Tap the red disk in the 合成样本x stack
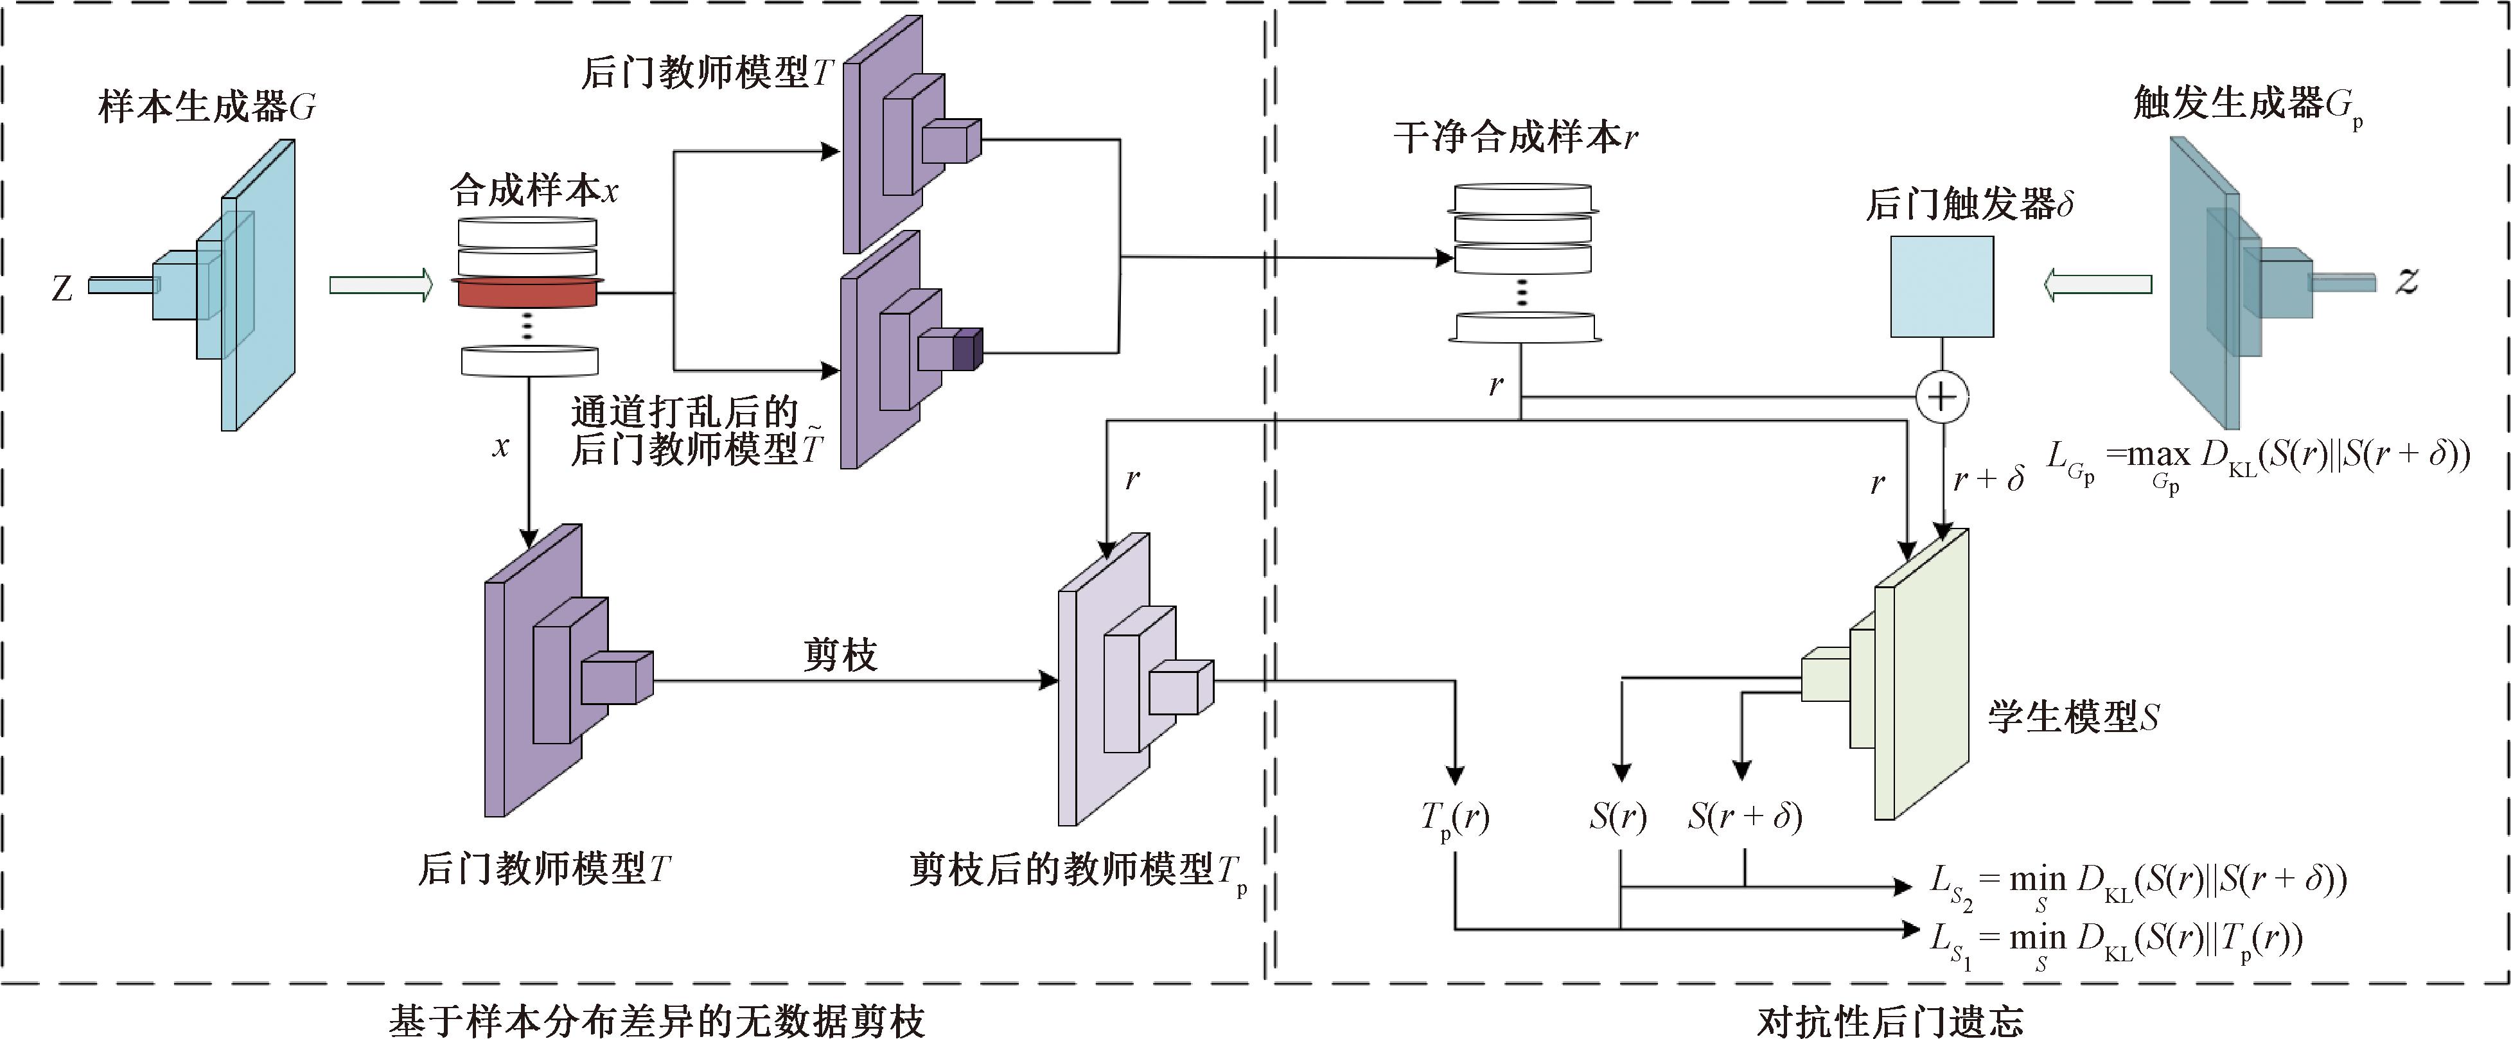coord(527,292)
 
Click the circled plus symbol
coord(1942,397)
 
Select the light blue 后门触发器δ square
coord(1942,286)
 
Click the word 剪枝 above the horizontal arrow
coord(840,655)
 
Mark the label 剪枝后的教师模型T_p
coord(1077,870)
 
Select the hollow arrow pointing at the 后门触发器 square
coord(2098,284)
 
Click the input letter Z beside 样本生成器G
coord(62,288)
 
